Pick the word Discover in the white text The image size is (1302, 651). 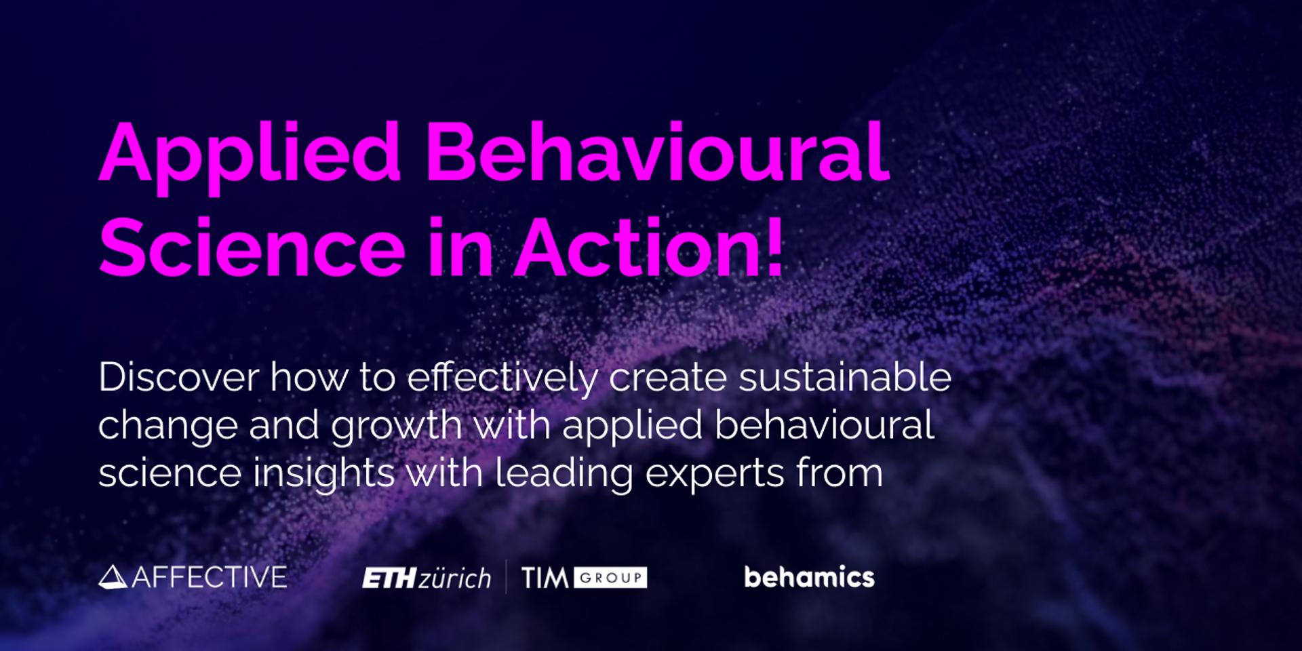178,377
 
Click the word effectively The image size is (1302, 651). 502,378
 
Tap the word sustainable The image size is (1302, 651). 845,377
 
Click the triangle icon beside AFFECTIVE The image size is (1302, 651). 113,577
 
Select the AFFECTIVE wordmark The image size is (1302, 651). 209,577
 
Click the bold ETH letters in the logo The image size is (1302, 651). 389,578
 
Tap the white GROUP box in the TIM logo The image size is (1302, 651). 610,578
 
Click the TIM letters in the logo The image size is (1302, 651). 545,578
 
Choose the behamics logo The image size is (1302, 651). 809,577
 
